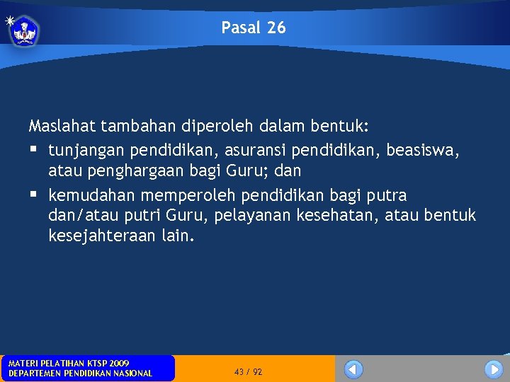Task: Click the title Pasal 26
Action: [254, 28]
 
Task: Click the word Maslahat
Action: [62, 127]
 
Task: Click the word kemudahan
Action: [89, 195]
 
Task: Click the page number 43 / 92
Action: [248, 371]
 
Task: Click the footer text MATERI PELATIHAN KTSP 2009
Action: [69, 363]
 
